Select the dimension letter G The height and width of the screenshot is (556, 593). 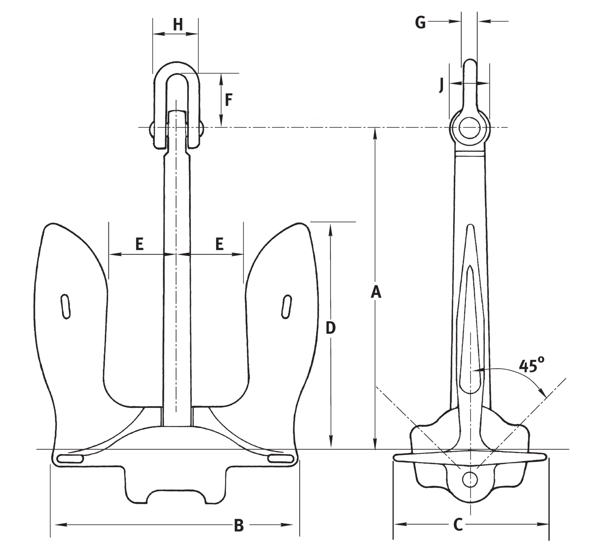(420, 23)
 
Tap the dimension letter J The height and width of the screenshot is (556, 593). (441, 85)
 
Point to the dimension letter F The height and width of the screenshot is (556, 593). (229, 100)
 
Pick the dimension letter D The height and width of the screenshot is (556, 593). (330, 328)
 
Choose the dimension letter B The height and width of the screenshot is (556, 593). (239, 525)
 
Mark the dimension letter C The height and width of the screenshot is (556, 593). (457, 525)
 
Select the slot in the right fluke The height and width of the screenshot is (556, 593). (286, 307)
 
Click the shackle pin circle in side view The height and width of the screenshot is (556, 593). (470, 127)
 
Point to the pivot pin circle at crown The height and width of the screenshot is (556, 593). (470, 479)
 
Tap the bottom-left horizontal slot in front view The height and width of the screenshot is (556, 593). (70, 459)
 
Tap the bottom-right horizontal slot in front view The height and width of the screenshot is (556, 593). (281, 459)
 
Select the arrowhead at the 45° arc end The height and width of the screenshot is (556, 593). (544, 394)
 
